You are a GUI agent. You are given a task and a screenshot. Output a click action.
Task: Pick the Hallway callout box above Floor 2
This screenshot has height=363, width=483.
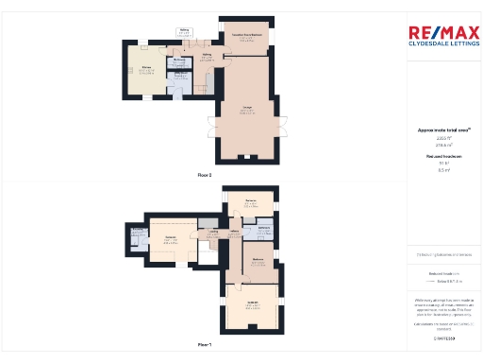click(x=185, y=31)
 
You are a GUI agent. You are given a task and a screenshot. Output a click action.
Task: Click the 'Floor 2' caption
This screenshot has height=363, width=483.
click(x=204, y=176)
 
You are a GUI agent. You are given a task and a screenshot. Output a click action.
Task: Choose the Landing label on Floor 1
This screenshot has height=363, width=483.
click(x=214, y=232)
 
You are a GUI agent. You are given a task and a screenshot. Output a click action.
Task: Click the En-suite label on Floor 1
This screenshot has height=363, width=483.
click(x=138, y=230)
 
